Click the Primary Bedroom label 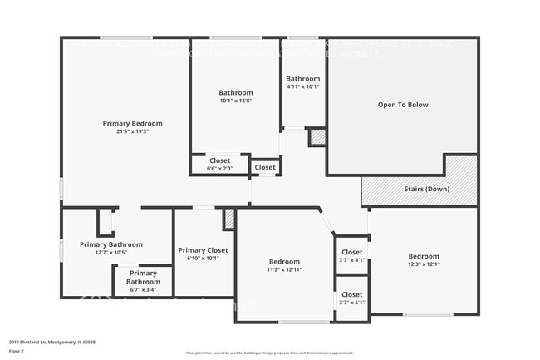click(133, 123)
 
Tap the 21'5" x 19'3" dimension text click(133, 131)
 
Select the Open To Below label click(403, 105)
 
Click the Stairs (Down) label click(427, 190)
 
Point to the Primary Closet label click(203, 249)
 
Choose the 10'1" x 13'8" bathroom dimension click(236, 101)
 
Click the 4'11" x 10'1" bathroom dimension click(303, 86)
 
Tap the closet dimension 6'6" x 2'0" click(219, 168)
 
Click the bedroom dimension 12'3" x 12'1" click(424, 264)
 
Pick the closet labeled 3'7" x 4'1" click(352, 260)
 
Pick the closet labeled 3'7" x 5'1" click(352, 303)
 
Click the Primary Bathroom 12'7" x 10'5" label click(111, 244)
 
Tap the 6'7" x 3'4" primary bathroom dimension click(143, 290)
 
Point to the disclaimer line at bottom click(270, 353)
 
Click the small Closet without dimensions click(265, 167)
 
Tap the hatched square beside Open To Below click(317, 137)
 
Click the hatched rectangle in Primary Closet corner click(229, 219)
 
